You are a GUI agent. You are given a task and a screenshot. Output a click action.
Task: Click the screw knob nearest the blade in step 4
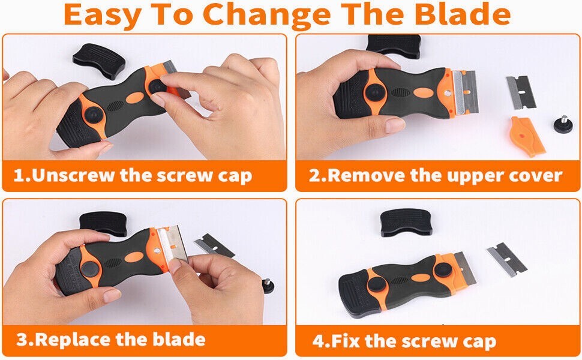click(443, 271)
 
